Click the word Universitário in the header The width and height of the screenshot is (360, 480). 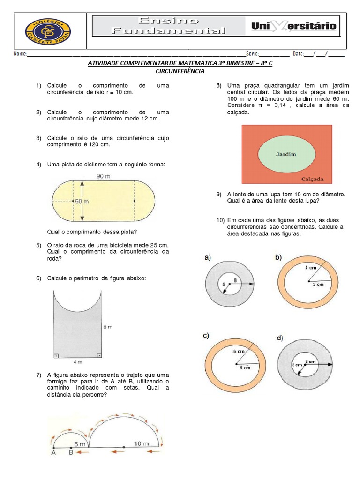tap(294, 26)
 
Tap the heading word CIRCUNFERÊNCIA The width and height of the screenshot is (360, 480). tap(180, 72)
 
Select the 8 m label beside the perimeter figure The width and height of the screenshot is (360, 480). tap(107, 327)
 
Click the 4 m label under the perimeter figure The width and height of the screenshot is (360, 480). tap(77, 361)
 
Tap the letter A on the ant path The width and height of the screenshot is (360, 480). tap(53, 453)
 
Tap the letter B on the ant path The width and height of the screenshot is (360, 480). tap(71, 453)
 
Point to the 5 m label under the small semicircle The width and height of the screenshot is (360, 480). tap(79, 443)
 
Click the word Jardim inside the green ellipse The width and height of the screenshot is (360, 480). tap(286, 154)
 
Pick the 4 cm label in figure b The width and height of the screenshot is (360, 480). tap(310, 267)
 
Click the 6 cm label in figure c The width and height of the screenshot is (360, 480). tap(239, 351)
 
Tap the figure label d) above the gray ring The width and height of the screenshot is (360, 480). tap(280, 337)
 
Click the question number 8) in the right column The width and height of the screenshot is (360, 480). tap(219, 86)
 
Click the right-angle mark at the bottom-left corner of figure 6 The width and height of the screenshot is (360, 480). tap(56, 356)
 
